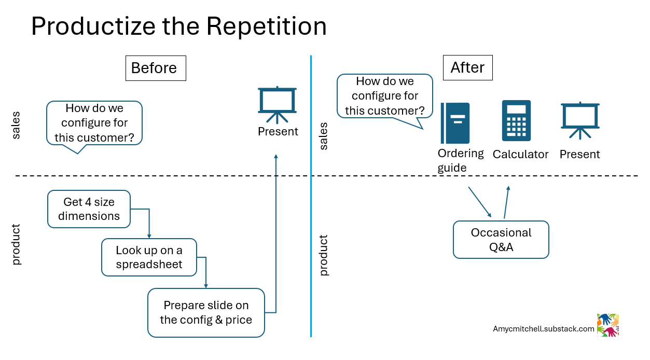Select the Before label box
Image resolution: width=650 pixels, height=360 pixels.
coord(156,68)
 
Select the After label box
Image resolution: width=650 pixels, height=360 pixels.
coord(467,67)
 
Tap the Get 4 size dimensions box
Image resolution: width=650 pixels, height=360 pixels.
coord(89,209)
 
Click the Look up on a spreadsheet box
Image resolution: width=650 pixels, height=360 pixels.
coord(149,257)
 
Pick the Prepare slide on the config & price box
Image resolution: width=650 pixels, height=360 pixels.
coord(206,313)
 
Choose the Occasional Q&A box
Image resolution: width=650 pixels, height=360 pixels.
coord(501,240)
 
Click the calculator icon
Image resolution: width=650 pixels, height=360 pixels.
coord(516,121)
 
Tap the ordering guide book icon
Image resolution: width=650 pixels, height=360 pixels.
coord(455,123)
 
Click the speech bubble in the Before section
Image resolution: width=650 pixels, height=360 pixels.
coord(94,123)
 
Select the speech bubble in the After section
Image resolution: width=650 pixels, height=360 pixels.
coord(384,96)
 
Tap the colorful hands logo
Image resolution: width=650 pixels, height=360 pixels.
coord(608,325)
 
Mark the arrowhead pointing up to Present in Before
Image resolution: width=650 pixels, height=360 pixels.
coord(276,156)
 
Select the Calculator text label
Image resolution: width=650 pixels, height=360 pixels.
coord(520,155)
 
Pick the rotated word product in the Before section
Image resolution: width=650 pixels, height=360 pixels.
coord(17,244)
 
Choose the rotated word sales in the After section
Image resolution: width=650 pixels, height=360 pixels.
coord(324,136)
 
